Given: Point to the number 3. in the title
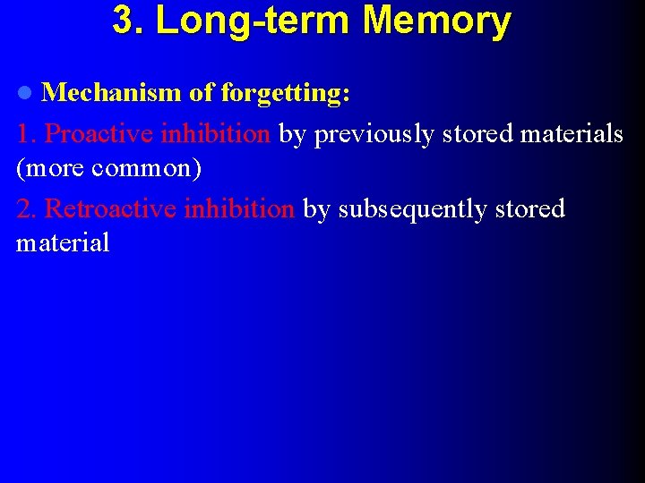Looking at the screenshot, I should click(x=129, y=21).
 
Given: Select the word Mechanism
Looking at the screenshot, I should click(x=112, y=92).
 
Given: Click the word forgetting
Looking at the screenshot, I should click(x=285, y=92).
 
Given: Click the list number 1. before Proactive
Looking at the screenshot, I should click(x=27, y=134).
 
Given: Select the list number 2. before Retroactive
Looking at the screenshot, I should click(x=27, y=209).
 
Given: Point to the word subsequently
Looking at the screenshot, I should click(x=411, y=209).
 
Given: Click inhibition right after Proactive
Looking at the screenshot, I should click(x=215, y=134).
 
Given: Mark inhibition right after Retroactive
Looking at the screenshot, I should click(x=238, y=209).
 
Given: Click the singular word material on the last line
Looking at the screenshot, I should click(x=63, y=242).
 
